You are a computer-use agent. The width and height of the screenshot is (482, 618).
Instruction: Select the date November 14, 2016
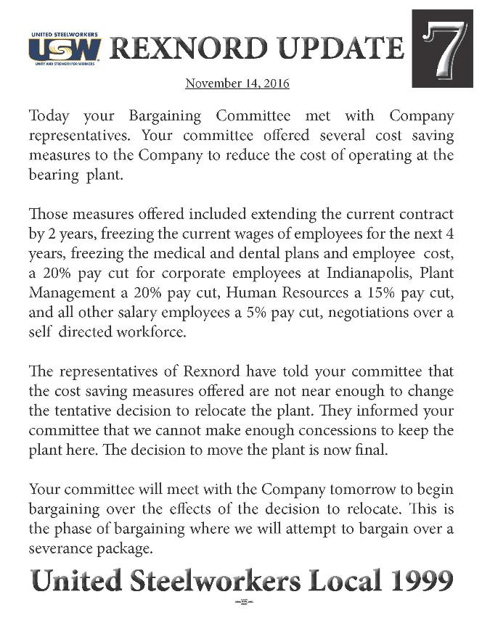tap(237, 83)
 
